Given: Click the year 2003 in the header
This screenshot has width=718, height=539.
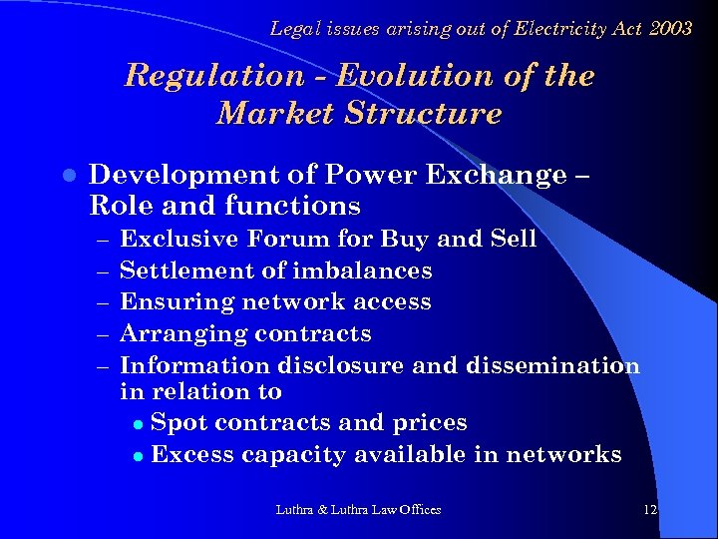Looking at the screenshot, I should (669, 29).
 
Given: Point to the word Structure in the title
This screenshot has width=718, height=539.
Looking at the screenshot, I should (423, 114).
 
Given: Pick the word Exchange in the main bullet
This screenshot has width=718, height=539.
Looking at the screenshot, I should (496, 176).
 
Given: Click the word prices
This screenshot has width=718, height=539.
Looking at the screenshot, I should (430, 423).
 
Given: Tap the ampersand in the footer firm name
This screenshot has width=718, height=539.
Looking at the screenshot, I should (322, 510).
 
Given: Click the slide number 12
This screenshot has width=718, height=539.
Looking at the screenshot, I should (650, 510).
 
